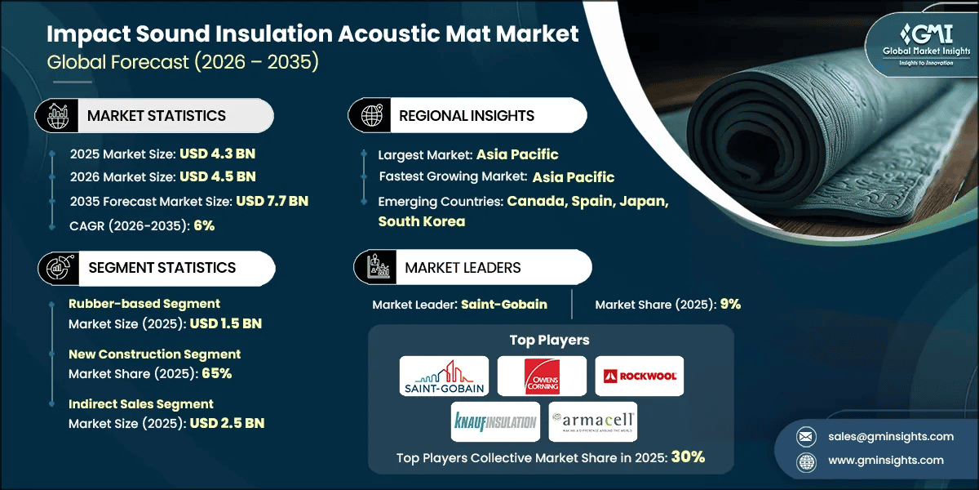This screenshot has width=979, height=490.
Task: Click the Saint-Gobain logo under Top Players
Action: pos(444,376)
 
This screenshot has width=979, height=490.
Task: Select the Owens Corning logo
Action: pos(542,376)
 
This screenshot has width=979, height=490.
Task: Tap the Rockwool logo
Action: pos(638,376)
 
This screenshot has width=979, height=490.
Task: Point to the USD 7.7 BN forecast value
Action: pos(272,201)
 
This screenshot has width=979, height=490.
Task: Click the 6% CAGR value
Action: pos(204,225)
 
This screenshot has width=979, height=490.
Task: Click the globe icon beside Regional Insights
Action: pos(370,116)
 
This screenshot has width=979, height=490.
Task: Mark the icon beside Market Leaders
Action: pos(376,268)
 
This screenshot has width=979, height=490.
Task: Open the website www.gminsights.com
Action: pos(886,461)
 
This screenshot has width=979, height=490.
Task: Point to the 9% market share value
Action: pos(730,305)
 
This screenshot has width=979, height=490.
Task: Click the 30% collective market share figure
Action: pos(688,457)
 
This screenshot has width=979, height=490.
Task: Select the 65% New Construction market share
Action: pos(216,373)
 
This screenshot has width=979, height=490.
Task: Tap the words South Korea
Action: pos(422,221)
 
